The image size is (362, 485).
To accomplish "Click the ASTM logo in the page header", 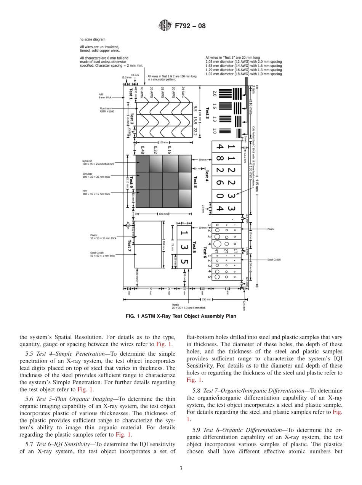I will click(x=165, y=26).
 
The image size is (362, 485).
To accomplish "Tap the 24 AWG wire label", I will click(x=183, y=93).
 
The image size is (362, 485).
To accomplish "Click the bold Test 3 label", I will click(x=208, y=113).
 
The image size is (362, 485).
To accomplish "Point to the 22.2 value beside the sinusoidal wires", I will click(x=195, y=132).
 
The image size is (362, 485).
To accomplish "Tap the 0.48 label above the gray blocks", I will click(x=142, y=150).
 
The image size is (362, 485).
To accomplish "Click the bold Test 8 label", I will click(x=195, y=182).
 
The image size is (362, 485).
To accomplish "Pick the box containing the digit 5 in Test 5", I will click(x=184, y=262).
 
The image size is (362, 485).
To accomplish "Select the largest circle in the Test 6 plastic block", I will click(x=217, y=244).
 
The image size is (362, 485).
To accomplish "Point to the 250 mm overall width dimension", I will click(x=207, y=299).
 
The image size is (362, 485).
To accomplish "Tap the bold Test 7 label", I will click(x=130, y=246).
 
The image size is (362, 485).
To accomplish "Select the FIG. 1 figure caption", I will click(x=181, y=316).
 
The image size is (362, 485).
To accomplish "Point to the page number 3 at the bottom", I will click(x=181, y=468).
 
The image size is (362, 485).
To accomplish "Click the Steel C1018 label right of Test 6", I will click(x=274, y=260).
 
